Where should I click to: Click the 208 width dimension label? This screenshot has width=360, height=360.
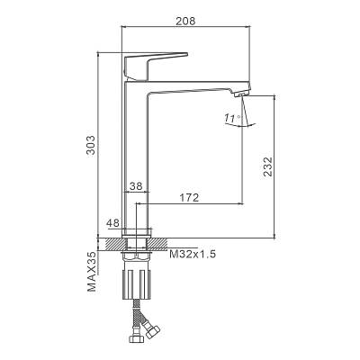click(185, 21)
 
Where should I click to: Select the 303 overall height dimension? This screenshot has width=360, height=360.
click(91, 145)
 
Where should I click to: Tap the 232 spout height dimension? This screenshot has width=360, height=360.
click(267, 166)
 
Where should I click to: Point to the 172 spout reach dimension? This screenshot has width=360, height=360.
click(189, 198)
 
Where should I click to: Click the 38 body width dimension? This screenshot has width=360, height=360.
click(136, 186)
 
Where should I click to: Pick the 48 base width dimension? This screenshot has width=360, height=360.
click(113, 223)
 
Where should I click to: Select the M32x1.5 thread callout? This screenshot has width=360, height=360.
click(193, 255)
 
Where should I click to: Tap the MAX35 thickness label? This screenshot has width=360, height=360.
click(92, 272)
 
